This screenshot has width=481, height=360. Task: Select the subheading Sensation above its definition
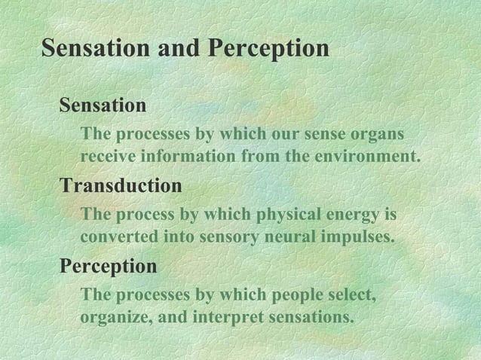tap(103, 105)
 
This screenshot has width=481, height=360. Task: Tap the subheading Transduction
tap(121, 185)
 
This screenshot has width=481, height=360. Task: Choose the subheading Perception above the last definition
tap(109, 267)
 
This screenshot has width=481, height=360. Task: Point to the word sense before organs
tap(324, 135)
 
